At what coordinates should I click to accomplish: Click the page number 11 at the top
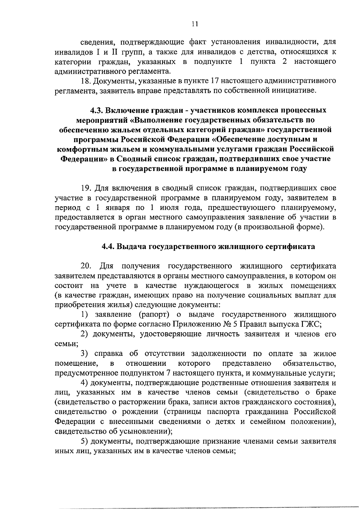195,24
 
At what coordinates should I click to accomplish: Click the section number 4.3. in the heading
96,110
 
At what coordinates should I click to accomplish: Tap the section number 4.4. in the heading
108,247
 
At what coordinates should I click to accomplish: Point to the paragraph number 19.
86,188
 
